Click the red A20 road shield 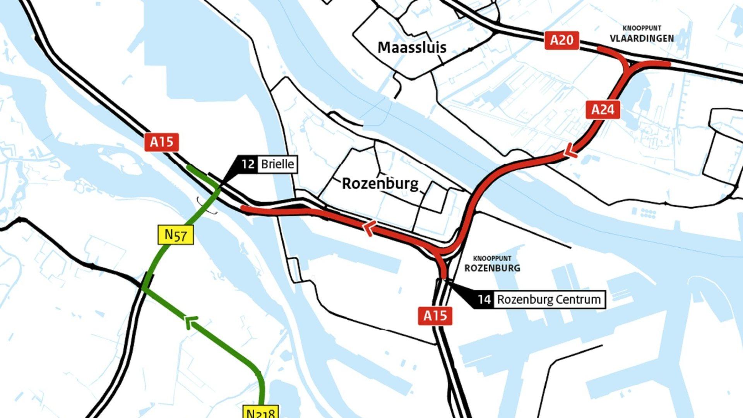pos(562,40)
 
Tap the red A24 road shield pos(603,110)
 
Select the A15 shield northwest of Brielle pos(161,142)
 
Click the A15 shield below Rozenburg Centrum pos(435,316)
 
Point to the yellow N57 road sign pos(176,235)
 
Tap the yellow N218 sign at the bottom pos(260,413)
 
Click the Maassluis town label pos(412,48)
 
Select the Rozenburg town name pos(380,183)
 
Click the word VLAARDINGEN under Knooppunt pos(642,38)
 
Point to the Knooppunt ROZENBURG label pos(492,268)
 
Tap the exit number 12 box pos(248,164)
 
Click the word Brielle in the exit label pos(277,164)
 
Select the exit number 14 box pos(484,300)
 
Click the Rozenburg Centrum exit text pos(548,300)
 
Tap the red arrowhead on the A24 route pos(570,151)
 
